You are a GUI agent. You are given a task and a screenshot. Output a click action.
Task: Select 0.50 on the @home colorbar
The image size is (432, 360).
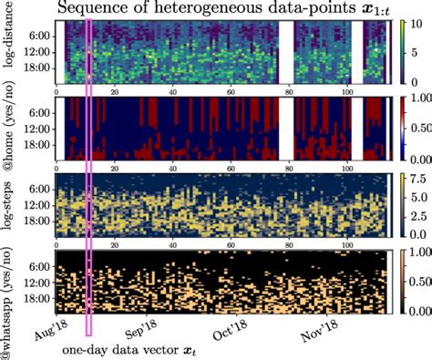click(x=414, y=129)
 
